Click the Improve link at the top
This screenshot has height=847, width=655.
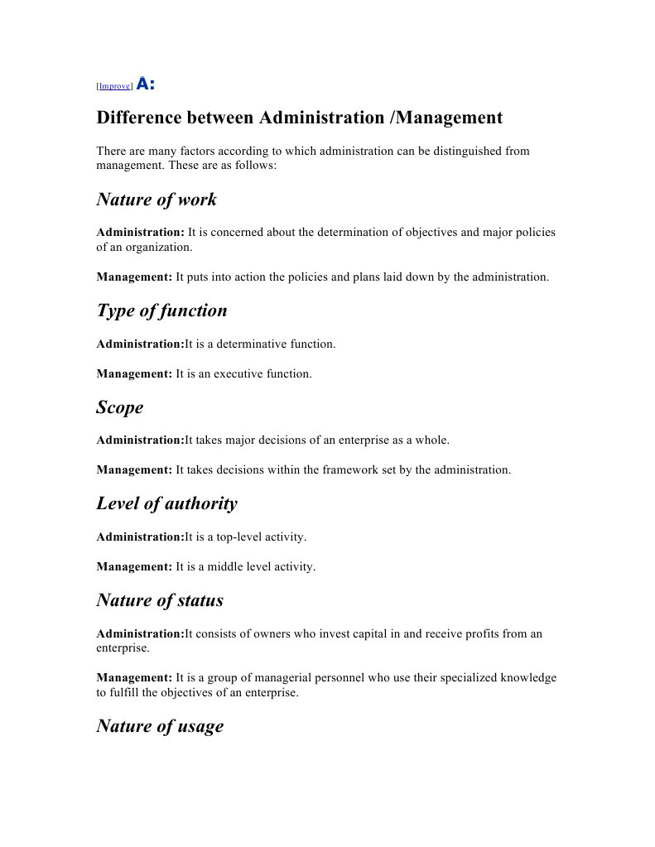[x=114, y=86]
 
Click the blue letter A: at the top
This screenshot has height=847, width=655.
[x=145, y=84]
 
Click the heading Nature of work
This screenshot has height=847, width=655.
[x=157, y=200]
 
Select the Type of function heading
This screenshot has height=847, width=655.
[x=161, y=310]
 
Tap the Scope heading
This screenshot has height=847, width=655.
[x=120, y=407]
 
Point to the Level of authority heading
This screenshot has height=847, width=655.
[x=166, y=503]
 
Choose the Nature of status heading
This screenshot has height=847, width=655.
[x=160, y=600]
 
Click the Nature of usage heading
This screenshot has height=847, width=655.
[x=160, y=726]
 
